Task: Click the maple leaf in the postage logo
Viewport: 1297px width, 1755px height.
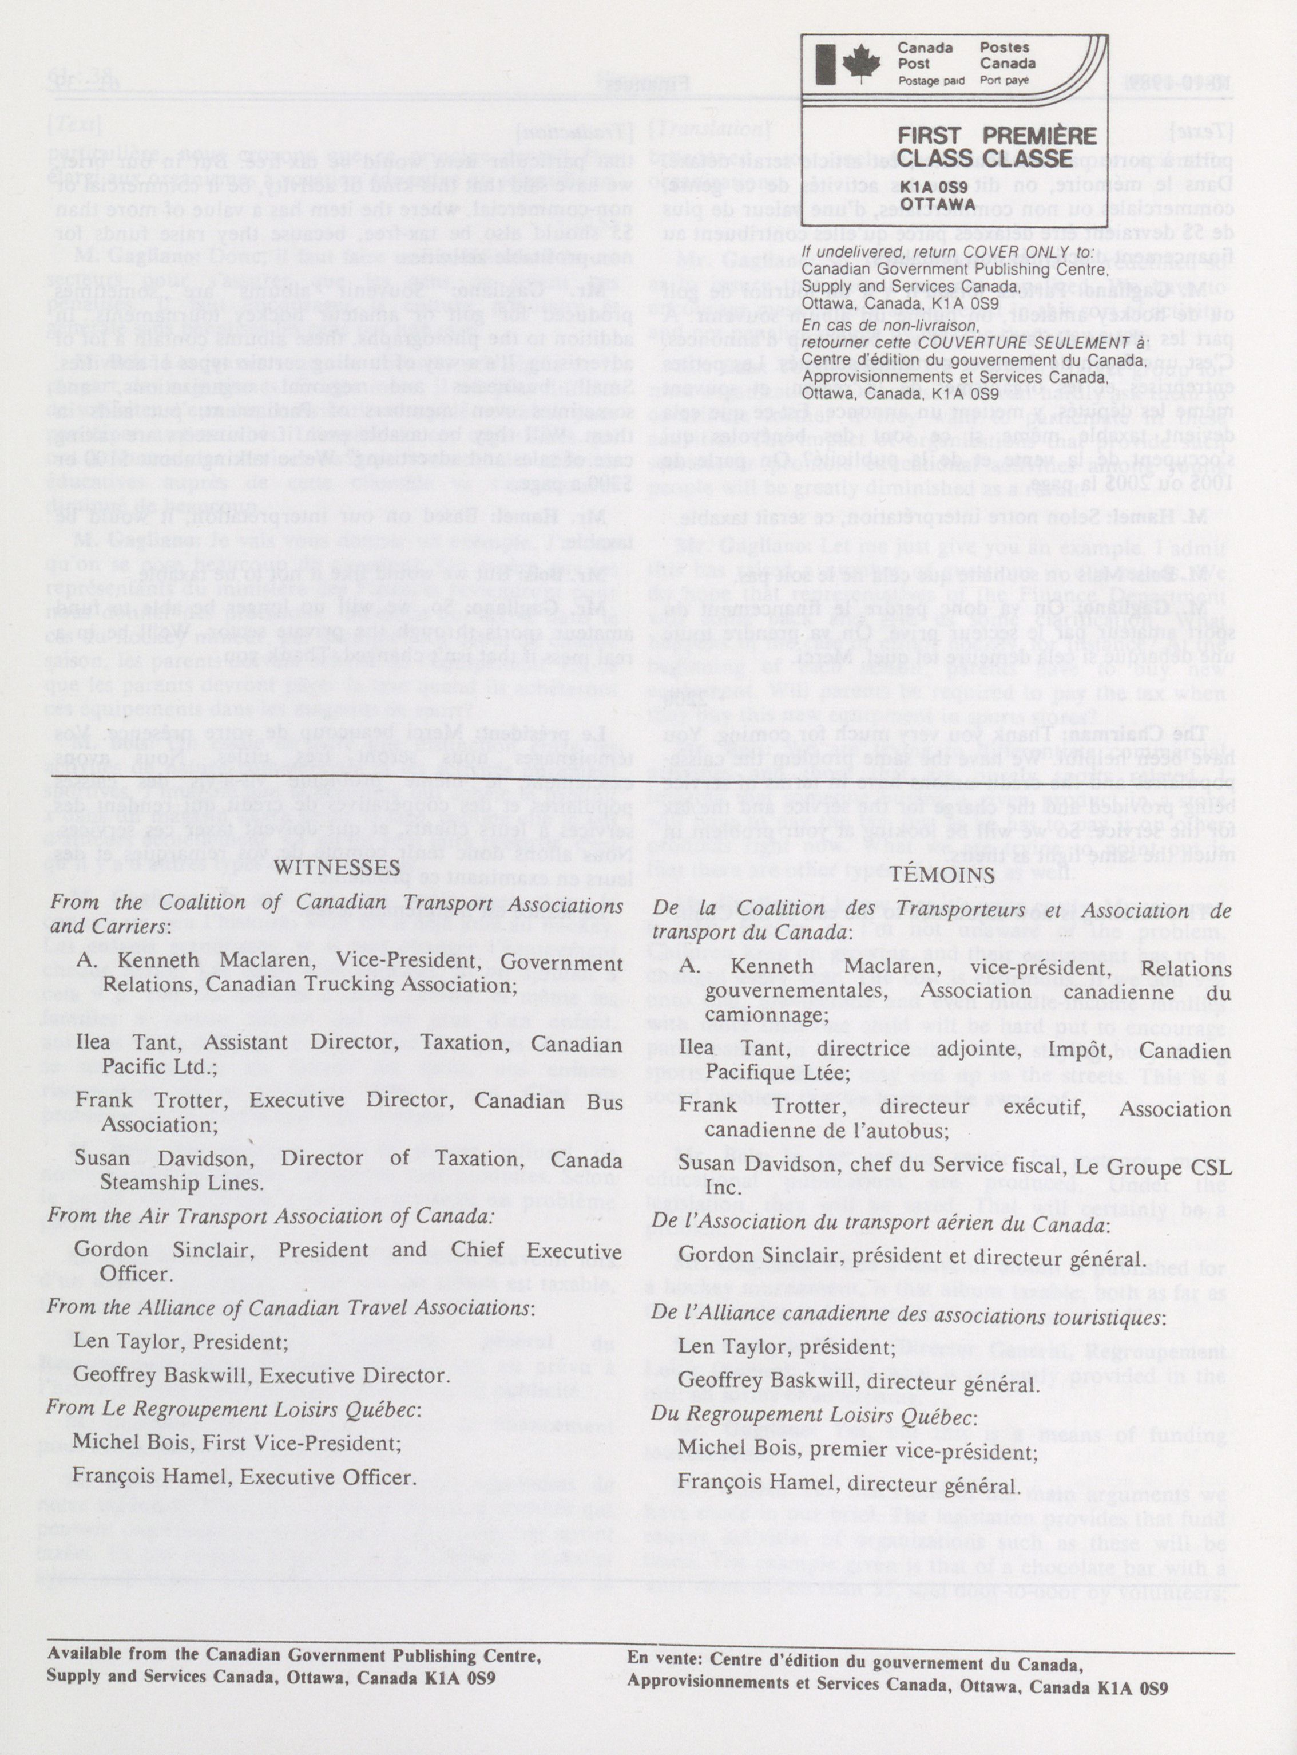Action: [x=861, y=63]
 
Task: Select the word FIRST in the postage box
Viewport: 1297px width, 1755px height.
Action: [x=929, y=136]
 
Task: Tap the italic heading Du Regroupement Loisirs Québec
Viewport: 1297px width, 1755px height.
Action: [x=814, y=1418]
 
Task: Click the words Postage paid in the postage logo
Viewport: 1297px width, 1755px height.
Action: [x=931, y=81]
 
